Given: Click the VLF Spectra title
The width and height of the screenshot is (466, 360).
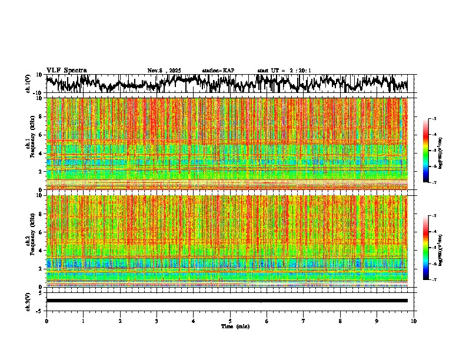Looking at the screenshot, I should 66,71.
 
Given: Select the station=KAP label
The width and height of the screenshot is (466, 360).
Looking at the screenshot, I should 218,71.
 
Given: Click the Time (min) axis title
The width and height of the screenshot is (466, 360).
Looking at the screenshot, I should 235,326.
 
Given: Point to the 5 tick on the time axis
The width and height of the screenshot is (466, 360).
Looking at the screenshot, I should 230,321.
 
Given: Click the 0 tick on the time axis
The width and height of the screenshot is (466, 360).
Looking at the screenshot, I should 46,321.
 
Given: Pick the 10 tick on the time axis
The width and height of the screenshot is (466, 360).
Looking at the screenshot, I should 414,321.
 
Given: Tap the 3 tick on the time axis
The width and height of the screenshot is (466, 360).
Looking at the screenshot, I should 157,321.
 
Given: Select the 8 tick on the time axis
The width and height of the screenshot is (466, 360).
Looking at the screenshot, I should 340,321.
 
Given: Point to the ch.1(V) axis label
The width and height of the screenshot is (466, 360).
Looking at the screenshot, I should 28,84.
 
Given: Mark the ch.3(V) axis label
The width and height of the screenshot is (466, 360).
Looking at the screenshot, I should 28,301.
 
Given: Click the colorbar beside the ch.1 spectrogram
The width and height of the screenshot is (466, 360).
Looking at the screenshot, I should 425,151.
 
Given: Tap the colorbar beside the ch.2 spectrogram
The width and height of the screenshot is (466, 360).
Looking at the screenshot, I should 425,248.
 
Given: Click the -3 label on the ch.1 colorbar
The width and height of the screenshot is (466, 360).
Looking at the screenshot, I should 434,119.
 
